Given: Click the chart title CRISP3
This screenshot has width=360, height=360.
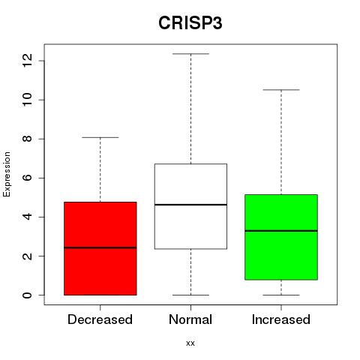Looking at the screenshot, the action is point(190,23).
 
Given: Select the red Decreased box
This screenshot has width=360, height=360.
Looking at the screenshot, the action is point(100,248).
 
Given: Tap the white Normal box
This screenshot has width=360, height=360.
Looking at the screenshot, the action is point(190,206).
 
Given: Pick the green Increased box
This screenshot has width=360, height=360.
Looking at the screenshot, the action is point(281,237).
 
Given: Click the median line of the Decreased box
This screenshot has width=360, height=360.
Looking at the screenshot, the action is point(100,247).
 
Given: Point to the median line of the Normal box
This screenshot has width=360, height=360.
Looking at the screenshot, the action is point(190,205).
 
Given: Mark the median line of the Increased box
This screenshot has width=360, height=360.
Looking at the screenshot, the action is point(281,231).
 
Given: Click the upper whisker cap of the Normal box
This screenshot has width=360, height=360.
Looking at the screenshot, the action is point(190,54).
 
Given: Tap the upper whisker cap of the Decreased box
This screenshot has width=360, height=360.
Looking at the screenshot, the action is point(100,137).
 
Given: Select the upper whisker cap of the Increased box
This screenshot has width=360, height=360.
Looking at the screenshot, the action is point(281,90).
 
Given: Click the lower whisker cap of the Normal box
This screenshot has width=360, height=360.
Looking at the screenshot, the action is point(190,295).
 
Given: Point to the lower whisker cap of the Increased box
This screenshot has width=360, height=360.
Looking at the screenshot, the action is point(281,295).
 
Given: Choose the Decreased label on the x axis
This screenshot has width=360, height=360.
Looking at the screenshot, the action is point(100,319).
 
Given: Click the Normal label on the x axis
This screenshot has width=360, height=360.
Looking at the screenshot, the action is point(190,319).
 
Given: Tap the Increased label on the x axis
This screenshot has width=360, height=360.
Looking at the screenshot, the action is point(281,319).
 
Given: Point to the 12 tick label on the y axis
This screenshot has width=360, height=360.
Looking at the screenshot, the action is point(27,61).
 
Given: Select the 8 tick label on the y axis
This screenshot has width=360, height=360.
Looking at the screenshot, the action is point(27,139).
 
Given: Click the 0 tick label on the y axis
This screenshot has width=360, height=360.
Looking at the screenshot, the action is point(27,295).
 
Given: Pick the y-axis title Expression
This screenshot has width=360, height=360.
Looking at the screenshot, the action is point(7,174).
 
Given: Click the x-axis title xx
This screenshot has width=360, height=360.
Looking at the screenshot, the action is point(190,343).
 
